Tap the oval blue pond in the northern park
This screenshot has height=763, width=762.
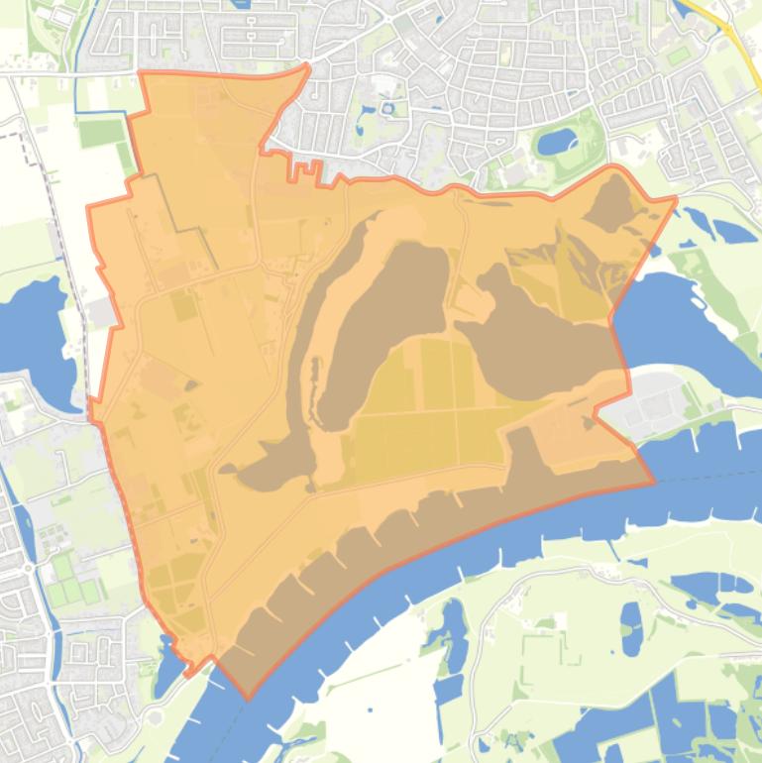557,141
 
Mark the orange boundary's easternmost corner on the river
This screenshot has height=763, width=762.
654,483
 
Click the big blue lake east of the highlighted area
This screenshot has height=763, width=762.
674,317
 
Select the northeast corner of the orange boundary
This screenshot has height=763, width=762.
676,198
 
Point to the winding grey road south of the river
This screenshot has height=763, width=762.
515,595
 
